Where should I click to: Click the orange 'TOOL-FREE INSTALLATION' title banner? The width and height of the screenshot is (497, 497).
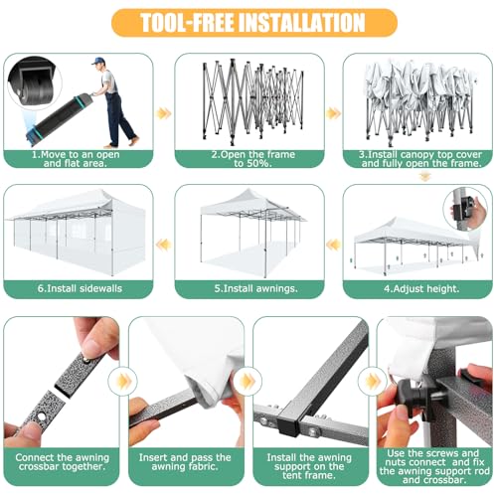[254, 23]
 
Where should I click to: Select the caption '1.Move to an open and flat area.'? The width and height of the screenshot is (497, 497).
[76, 159]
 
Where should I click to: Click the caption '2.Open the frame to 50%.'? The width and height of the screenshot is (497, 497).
[253, 159]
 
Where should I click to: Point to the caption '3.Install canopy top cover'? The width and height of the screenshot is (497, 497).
[420, 154]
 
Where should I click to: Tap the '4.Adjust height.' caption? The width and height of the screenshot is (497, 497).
[421, 288]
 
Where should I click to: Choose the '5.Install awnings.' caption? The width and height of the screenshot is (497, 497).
[255, 288]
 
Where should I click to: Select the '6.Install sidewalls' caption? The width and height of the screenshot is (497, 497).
[80, 288]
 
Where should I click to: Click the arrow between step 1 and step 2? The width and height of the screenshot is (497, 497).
[164, 113]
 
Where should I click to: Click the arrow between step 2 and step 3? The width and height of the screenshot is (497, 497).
[333, 113]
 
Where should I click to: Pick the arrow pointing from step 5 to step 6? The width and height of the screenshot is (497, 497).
[164, 246]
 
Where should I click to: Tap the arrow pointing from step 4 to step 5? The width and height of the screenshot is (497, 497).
[333, 246]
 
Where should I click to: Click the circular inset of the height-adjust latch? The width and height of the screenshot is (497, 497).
[465, 209]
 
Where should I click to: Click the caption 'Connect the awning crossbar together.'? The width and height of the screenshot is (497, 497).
[62, 462]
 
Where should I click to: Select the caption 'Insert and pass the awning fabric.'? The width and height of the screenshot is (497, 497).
[185, 462]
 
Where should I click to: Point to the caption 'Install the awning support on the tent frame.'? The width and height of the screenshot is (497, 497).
[309, 466]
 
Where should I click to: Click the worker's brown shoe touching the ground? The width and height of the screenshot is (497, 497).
[109, 145]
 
